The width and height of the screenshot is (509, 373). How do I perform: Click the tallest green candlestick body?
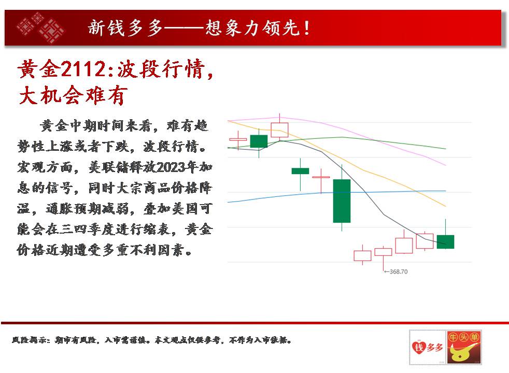pyautogui.click(x=342, y=201)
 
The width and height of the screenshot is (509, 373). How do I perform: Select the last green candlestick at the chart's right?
pyautogui.click(x=445, y=241)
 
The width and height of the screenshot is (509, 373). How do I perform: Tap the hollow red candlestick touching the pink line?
pyautogui.click(x=279, y=130)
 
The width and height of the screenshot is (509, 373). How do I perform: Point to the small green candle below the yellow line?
pyautogui.click(x=300, y=171)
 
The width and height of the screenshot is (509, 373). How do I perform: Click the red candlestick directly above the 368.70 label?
pyautogui.click(x=384, y=252)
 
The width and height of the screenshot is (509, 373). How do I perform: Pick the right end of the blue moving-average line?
pyautogui.click(x=446, y=191)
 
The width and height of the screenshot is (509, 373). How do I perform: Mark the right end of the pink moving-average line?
pyautogui.click(x=446, y=165)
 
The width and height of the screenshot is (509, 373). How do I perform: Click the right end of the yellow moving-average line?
pyautogui.click(x=446, y=206)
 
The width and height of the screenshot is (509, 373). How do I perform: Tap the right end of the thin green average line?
pyautogui.click(x=446, y=149)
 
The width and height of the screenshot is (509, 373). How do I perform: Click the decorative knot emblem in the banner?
pyautogui.click(x=40, y=27)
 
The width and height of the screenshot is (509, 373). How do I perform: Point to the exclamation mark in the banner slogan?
pyautogui.click(x=307, y=28)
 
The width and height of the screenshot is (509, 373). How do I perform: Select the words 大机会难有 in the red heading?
pyautogui.click(x=72, y=95)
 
